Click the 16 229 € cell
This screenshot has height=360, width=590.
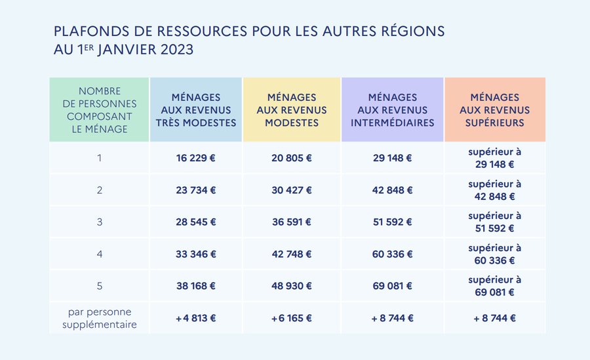pyautogui.click(x=195, y=158)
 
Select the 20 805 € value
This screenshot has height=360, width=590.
pyautogui.click(x=292, y=158)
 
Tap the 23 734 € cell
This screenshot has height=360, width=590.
pyautogui.click(x=195, y=190)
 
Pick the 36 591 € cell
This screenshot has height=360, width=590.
pyautogui.click(x=292, y=222)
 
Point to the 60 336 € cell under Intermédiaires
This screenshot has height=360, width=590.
pyautogui.click(x=392, y=254)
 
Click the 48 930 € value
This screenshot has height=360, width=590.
pyautogui.click(x=292, y=286)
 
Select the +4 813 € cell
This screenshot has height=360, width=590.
pyautogui.click(x=195, y=318)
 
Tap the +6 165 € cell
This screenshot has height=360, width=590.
pyautogui.click(x=292, y=318)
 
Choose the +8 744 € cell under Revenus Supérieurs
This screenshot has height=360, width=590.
pyautogui.click(x=494, y=318)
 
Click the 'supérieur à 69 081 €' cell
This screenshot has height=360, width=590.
pyautogui.click(x=494, y=286)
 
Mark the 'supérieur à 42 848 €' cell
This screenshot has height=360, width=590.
pyautogui.click(x=494, y=190)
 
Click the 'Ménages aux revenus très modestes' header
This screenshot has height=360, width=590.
pyautogui.click(x=195, y=110)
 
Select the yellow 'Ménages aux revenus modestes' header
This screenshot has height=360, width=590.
pyautogui.click(x=292, y=110)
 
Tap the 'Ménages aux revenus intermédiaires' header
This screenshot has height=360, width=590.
pyautogui.click(x=392, y=110)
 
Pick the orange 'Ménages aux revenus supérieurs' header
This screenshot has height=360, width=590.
pyautogui.click(x=494, y=110)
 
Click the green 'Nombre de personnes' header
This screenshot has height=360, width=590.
pyautogui.click(x=99, y=110)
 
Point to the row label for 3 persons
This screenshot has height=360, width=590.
pyautogui.click(x=99, y=222)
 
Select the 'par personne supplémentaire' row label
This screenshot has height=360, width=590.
pyautogui.click(x=99, y=318)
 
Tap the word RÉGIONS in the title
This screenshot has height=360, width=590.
pyautogui.click(x=406, y=31)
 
